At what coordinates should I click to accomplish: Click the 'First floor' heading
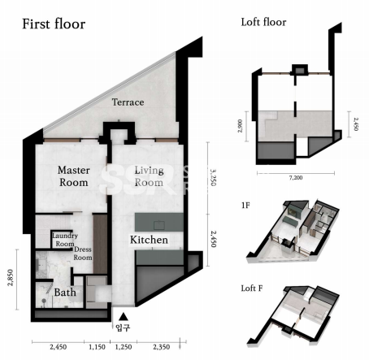[54, 24]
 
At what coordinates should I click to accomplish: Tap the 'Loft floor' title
[263, 22]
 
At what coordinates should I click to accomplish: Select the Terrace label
[128, 102]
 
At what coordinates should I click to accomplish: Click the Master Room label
[74, 176]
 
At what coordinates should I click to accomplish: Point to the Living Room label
[150, 176]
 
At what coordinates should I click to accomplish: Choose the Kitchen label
[149, 240]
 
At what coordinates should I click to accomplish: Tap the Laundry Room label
[65, 240]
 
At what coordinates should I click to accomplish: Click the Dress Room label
[83, 254]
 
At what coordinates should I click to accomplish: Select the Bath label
[65, 293]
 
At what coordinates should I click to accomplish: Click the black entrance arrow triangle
[124, 316]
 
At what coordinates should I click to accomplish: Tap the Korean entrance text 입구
[123, 327]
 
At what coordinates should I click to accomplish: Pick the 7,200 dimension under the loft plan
[296, 178]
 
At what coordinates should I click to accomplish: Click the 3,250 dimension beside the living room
[213, 177]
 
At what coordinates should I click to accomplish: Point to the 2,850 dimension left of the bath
[11, 278]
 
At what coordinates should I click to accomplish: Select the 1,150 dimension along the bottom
[97, 347]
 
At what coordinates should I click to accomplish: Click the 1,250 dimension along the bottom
[124, 347]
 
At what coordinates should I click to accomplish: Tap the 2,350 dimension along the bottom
[162, 347]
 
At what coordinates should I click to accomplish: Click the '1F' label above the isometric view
[245, 206]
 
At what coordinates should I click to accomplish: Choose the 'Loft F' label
[252, 288]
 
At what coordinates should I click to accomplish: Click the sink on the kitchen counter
[159, 225]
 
